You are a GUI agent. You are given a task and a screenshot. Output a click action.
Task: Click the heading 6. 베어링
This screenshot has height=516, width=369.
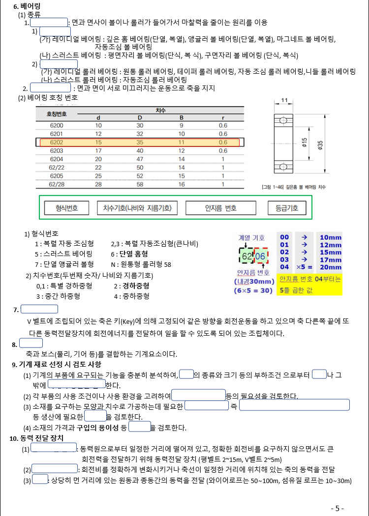27,6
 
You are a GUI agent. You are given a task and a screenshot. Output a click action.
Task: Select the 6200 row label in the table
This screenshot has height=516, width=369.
57,125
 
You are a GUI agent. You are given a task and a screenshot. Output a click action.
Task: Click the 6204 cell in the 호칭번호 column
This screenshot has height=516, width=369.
57,159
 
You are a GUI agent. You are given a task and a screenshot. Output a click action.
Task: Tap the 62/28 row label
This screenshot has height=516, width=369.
57,184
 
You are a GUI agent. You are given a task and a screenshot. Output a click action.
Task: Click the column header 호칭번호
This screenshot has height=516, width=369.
57,114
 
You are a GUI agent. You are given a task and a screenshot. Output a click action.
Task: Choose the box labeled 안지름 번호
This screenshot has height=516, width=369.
220,208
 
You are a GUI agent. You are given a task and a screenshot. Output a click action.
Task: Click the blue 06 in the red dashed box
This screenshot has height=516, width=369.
261,256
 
